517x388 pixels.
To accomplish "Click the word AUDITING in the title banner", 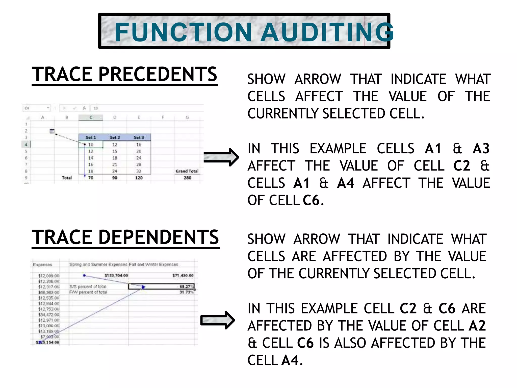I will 327,32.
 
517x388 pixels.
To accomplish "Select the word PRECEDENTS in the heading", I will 158,75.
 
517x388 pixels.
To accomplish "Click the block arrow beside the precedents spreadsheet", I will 221,157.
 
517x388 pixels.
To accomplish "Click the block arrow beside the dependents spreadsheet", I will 218,320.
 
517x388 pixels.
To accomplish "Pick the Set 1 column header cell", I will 91,137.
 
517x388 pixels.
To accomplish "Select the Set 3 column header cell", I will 139,137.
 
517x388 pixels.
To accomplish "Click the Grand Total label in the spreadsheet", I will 187,171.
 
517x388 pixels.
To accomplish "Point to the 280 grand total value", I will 187,178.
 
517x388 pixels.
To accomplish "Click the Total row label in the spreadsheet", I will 67,178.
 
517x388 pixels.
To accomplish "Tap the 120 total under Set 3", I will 139,178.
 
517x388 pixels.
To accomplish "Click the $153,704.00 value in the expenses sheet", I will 116,275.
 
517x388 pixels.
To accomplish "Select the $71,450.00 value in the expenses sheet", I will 183,275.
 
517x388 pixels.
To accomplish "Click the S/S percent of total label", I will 88,287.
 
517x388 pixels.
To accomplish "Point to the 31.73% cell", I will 186,292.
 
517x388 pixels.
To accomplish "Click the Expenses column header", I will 42,265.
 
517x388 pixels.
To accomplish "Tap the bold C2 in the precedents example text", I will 462,166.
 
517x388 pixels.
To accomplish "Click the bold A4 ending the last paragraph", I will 290,360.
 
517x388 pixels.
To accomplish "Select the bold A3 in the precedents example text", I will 481,149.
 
